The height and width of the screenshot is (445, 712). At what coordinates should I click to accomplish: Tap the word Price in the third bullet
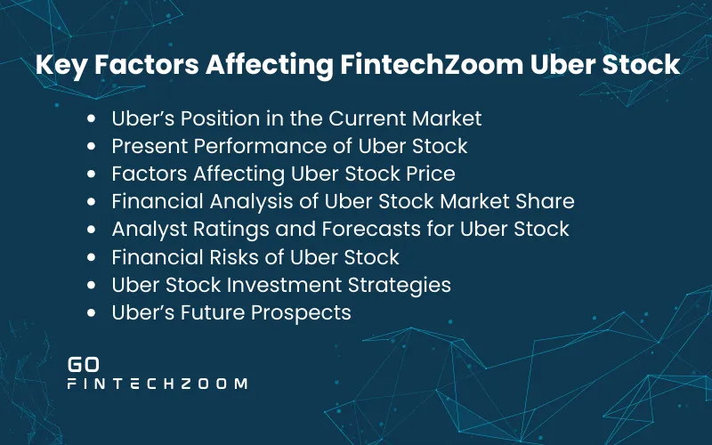(431, 174)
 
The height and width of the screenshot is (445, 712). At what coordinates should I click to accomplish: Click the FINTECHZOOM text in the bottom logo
(158, 384)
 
